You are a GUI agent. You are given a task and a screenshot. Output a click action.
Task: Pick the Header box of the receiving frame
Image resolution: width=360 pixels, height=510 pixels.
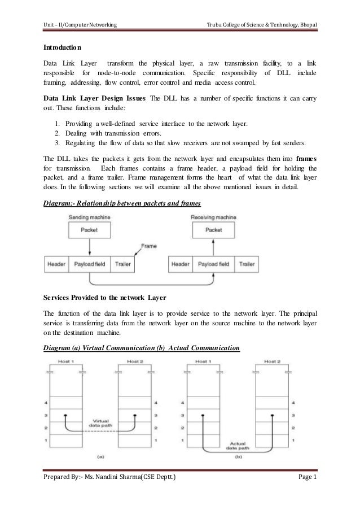click(x=180, y=264)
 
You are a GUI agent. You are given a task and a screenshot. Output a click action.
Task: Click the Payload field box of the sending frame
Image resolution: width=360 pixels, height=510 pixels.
click(x=90, y=264)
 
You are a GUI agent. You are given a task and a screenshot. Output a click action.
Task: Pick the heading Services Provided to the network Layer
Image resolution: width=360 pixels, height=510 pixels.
click(x=101, y=296)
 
